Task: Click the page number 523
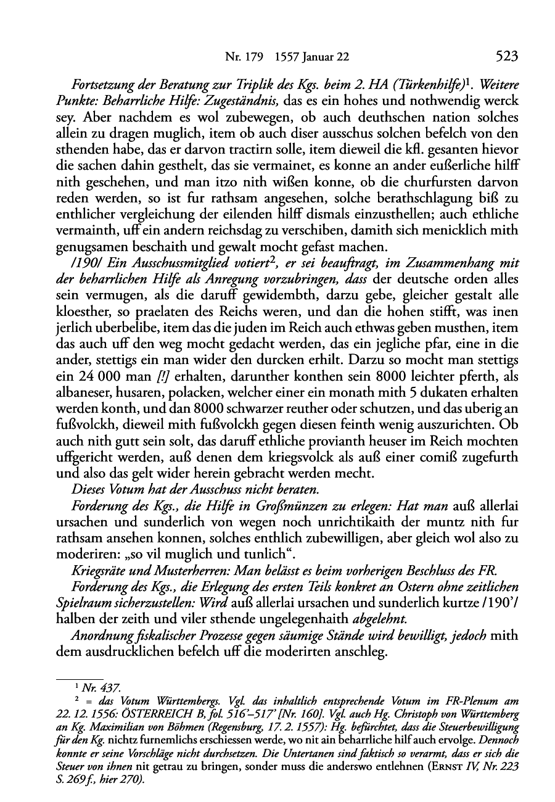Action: tap(506, 57)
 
